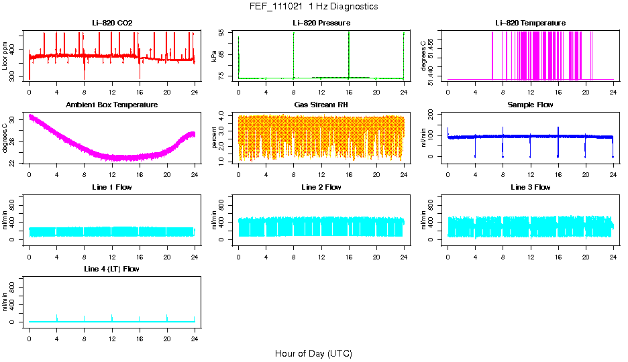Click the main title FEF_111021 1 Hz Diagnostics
pos(313,7)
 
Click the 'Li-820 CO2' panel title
pos(112,23)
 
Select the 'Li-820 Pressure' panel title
pos(321,23)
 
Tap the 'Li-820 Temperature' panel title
pos(530,23)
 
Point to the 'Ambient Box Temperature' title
pos(112,105)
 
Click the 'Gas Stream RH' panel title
pos(321,105)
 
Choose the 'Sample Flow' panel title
pos(530,105)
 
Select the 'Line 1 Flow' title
pos(112,187)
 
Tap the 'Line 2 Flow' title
pos(321,187)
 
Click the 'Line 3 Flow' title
pos(530,187)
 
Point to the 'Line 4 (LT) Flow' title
pos(112,269)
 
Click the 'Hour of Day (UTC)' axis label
pos(313,353)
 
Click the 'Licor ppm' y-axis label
pos(5,56)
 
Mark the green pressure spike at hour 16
pos(349,54)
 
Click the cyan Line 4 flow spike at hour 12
pos(112,316)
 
